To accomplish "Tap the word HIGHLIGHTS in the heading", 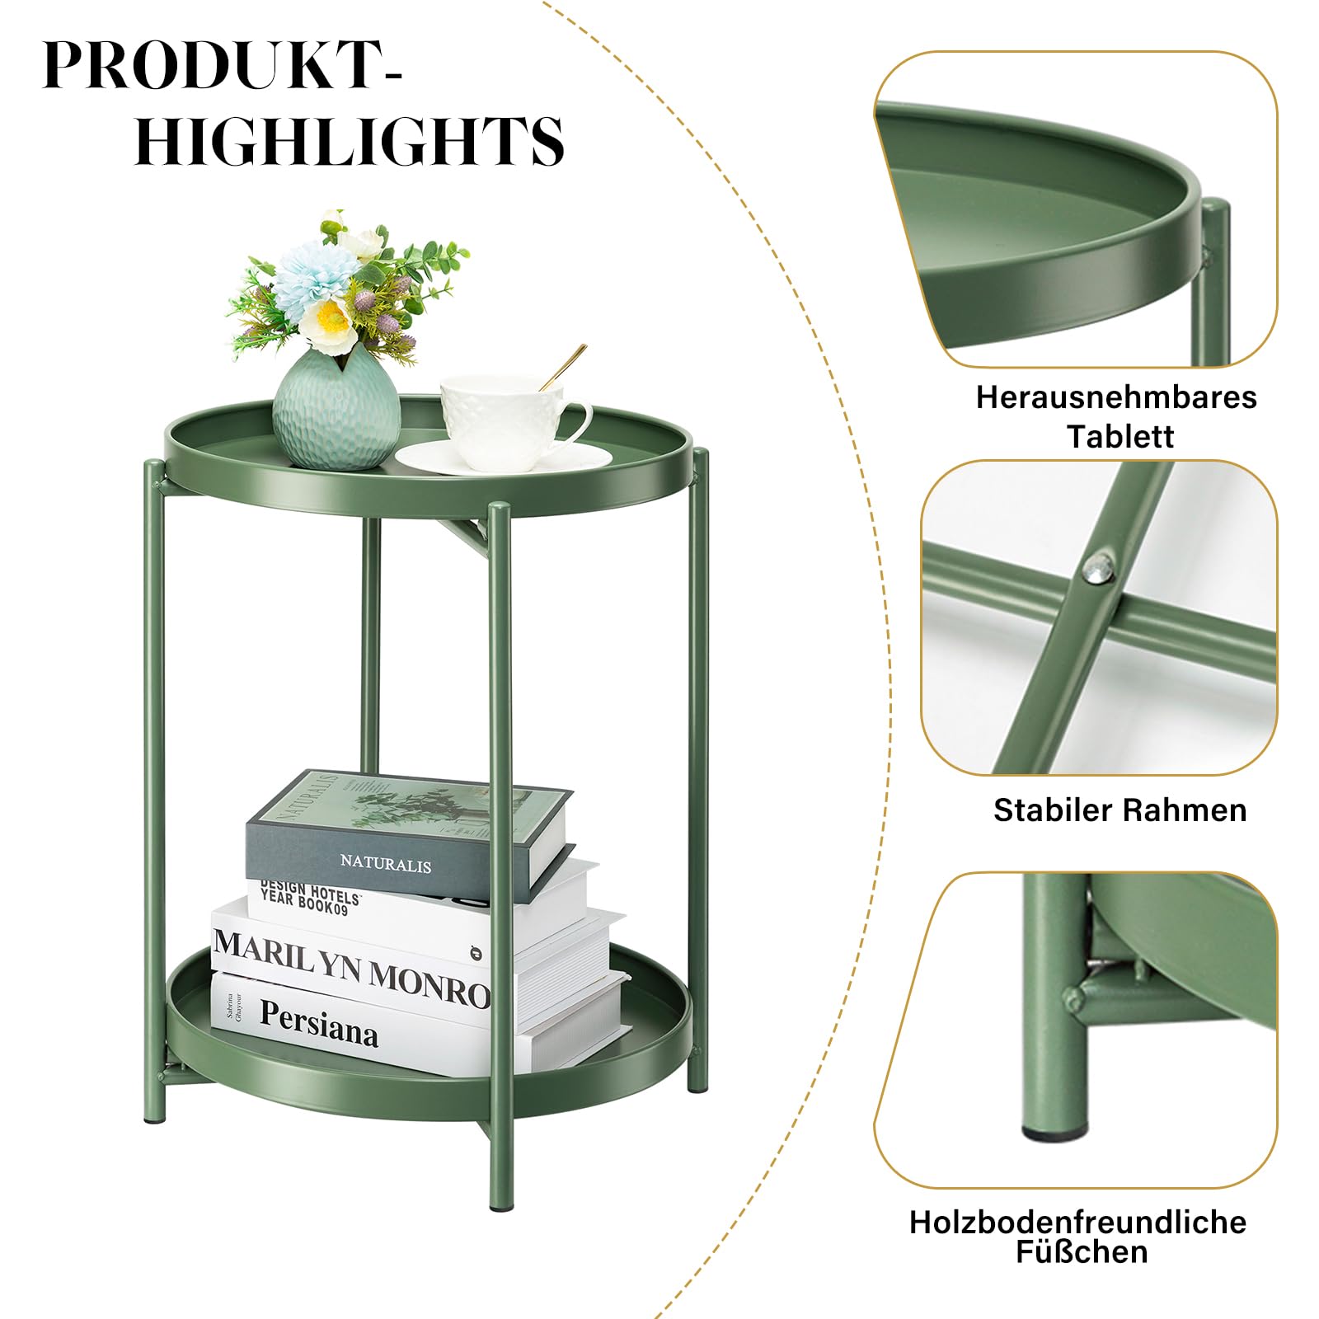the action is [350, 140].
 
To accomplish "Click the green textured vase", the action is [336, 410].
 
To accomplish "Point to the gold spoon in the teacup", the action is [563, 367].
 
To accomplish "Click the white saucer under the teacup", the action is [503, 458].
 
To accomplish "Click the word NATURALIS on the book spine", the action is [386, 864].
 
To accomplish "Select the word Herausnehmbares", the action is [1116, 397].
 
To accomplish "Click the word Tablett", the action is [1120, 435].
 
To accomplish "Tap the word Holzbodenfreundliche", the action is [1077, 1222].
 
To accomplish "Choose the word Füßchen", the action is [1082, 1251].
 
